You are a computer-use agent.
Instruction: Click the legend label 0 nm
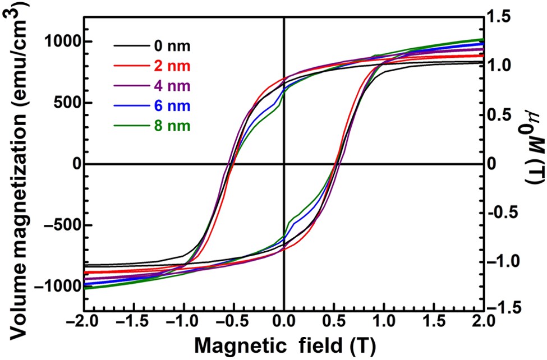(171, 46)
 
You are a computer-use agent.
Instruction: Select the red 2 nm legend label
(171, 66)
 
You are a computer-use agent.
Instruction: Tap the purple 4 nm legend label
(171, 86)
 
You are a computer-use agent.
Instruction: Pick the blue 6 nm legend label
(171, 106)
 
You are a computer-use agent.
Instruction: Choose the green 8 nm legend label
(171, 126)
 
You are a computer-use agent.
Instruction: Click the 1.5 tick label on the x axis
(434, 324)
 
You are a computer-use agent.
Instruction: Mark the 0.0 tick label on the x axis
(284, 324)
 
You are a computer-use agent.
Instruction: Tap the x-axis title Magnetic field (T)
(284, 345)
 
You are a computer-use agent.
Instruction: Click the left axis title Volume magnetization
(17, 163)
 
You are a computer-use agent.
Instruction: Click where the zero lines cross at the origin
(284, 164)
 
